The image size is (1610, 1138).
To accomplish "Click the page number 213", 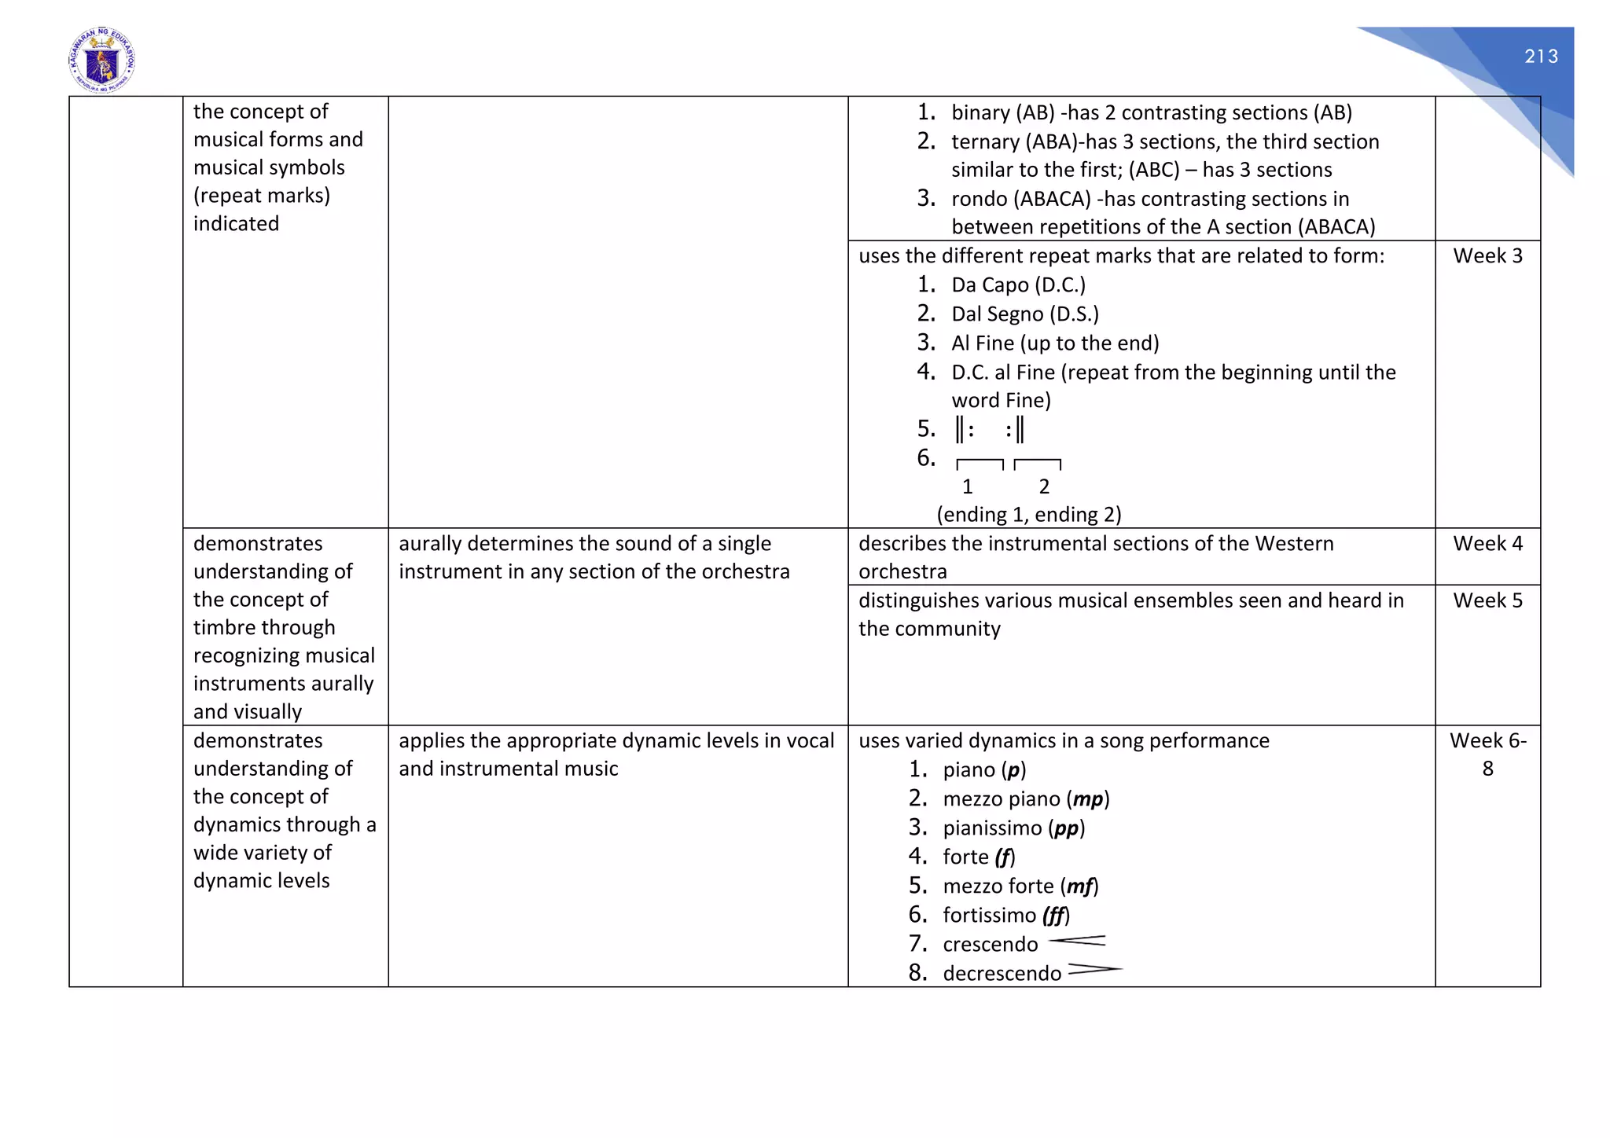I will [x=1541, y=57].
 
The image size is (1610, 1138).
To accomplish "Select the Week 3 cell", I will [x=1487, y=256].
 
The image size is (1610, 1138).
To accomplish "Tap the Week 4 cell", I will [x=1487, y=544].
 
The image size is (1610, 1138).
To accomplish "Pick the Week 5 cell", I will [x=1487, y=600].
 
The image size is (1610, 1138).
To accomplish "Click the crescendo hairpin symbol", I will [x=1078, y=941].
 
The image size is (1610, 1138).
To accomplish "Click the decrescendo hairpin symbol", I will [x=1094, y=970].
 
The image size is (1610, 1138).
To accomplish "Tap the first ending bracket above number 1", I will [x=980, y=464].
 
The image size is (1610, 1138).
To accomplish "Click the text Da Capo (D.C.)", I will [x=1018, y=285].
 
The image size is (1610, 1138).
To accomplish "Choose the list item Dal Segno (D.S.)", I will [x=1024, y=314].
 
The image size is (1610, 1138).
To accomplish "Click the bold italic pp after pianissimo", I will [x=1066, y=828].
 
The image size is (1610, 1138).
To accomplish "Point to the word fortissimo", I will [x=989, y=916].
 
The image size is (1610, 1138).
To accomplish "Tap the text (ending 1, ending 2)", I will [x=1028, y=515].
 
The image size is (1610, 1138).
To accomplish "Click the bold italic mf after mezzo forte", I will [x=1079, y=887].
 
